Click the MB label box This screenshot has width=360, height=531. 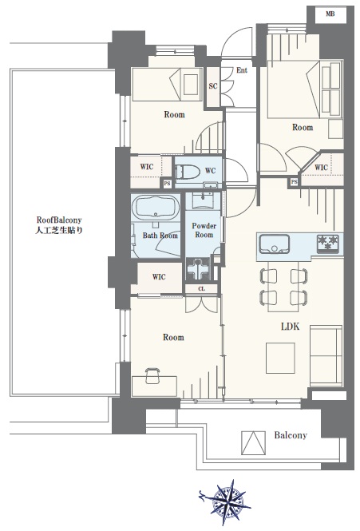pos(330,14)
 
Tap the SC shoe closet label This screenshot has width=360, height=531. pos(213,86)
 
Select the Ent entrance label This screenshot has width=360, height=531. pos(242,70)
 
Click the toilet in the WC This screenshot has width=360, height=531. pos(188,172)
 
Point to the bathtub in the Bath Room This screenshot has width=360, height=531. pos(156,208)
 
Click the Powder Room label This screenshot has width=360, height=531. pos(204,230)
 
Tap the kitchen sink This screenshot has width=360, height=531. pos(275,244)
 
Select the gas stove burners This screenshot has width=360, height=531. pos(328,244)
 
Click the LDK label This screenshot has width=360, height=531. pos(291,327)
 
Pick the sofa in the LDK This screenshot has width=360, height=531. pos(326,356)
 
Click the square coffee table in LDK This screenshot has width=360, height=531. pos(280,358)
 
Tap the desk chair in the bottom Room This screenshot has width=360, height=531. pos(152,375)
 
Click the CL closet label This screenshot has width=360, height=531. pos(201,289)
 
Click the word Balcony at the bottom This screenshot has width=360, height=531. pos(291,435)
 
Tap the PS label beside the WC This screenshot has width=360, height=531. pos(167,184)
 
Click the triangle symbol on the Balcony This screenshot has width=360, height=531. pos(253,443)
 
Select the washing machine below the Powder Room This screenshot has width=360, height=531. pos(198,269)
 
